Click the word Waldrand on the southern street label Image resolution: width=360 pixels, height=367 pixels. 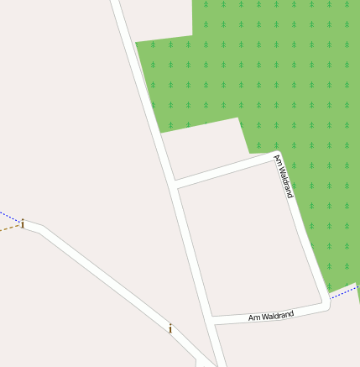278,316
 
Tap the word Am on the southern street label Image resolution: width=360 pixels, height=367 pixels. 254,319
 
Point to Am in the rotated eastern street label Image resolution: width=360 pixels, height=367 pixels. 278,160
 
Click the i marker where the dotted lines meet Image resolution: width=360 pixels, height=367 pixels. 23,224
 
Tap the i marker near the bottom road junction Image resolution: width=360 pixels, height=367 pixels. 170,328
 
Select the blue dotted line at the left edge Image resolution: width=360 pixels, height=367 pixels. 7,216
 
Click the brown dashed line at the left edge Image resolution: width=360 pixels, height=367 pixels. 7,228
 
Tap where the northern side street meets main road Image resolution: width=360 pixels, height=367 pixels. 174,183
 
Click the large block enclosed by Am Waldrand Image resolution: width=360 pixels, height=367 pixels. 248,244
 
